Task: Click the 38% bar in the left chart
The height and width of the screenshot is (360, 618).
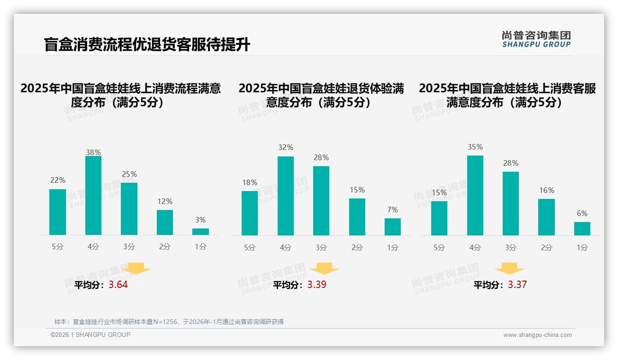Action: tap(94, 196)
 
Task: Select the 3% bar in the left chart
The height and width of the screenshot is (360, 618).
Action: tap(201, 232)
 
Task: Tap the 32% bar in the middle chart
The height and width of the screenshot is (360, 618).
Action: tap(285, 196)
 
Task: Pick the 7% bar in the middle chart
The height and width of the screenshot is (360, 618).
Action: tap(392, 227)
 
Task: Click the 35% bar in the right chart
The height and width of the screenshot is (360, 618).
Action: tap(475, 196)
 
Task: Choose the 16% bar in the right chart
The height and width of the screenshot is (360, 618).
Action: tap(547, 217)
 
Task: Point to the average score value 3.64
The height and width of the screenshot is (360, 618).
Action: tap(118, 285)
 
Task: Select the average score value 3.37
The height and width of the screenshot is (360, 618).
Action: tap(517, 285)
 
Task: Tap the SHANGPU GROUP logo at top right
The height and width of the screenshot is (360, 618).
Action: tap(536, 39)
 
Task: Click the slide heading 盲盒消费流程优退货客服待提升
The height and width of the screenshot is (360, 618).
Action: tap(147, 45)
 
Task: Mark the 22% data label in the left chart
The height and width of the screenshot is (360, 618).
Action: tap(58, 180)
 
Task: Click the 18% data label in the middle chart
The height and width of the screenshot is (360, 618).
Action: tap(250, 182)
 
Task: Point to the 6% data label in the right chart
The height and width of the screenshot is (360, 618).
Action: tap(582, 213)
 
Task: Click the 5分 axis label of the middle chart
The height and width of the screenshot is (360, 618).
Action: tap(250, 247)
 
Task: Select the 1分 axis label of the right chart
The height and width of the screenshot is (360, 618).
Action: tap(582, 247)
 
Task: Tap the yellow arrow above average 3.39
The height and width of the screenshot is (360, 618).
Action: tap(324, 269)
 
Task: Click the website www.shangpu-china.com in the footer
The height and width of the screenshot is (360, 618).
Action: tap(537, 335)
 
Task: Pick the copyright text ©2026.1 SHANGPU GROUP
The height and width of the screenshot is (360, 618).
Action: tap(90, 335)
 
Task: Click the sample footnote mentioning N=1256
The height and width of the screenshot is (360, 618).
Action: tap(169, 322)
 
